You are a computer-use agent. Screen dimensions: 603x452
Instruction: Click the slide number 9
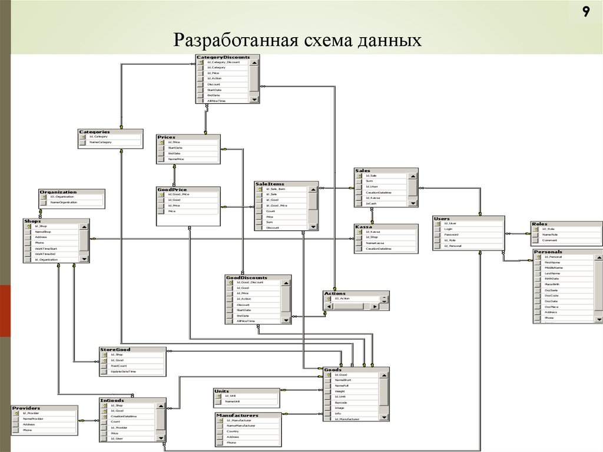tap(586, 13)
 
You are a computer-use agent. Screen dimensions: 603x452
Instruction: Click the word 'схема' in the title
tap(312, 40)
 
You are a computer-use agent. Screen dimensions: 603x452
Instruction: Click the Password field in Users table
tap(452, 235)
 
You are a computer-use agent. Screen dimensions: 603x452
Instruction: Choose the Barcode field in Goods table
tap(341, 402)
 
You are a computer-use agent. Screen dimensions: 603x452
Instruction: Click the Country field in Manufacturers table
tap(233, 431)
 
